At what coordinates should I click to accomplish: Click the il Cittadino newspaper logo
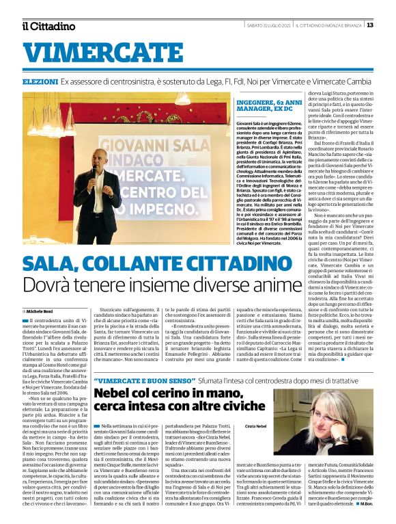pyautogui.click(x=48, y=26)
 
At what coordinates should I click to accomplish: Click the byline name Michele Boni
pyautogui.click(x=41, y=310)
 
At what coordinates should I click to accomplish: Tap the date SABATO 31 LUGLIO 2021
pyautogui.click(x=269, y=25)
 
